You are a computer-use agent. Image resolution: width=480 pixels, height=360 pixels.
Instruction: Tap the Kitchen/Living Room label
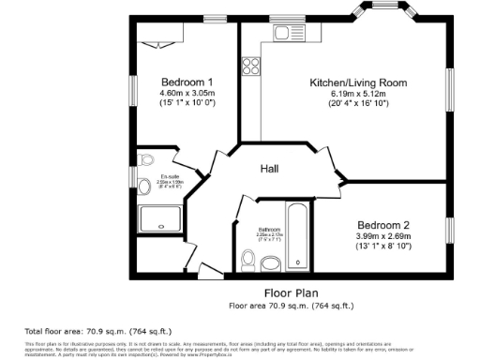tap(358, 82)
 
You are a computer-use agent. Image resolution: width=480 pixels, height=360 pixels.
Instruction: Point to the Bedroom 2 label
tap(384, 225)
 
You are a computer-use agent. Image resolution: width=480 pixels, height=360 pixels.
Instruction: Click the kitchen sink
tap(284, 34)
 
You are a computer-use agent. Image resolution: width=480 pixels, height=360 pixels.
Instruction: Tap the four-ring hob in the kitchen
tap(250, 66)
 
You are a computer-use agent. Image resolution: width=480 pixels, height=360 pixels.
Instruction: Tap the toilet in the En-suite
tap(145, 160)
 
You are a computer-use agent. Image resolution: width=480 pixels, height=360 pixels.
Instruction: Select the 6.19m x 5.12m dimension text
tap(358, 94)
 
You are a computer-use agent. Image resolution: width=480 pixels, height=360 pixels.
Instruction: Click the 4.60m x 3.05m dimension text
tap(187, 93)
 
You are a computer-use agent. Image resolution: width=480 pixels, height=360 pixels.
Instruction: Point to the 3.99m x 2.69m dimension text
tap(384, 237)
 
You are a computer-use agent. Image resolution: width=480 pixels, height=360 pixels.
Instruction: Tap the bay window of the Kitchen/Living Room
tap(384, 13)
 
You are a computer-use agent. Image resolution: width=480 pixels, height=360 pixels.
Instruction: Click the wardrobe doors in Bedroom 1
tap(156, 43)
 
